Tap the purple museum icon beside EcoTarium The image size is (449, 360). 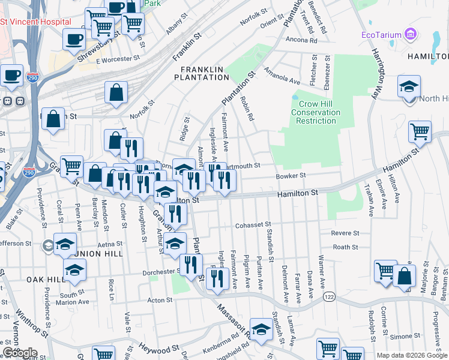[411, 34]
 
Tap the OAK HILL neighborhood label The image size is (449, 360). [45, 280]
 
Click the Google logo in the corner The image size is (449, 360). [19, 353]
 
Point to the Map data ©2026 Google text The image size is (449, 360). [411, 355]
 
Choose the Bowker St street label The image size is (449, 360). [291, 176]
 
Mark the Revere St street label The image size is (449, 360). [345, 233]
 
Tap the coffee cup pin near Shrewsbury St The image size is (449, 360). [74, 40]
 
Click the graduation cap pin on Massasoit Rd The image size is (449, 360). [261, 329]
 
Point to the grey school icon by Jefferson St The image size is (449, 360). [48, 245]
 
